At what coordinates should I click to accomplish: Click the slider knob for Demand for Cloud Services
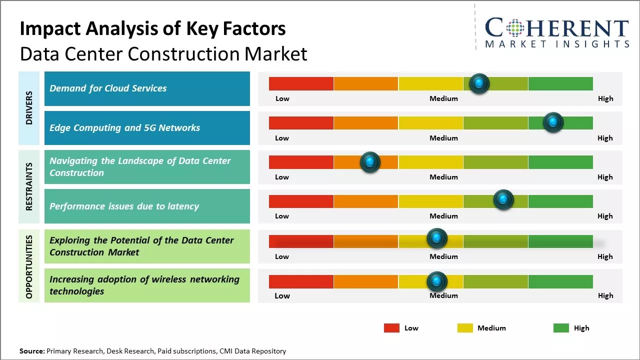(x=479, y=83)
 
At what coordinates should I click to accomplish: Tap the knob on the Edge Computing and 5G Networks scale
(x=553, y=122)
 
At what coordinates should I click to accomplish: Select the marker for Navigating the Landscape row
(x=370, y=162)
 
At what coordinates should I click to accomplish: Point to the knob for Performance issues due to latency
(x=503, y=200)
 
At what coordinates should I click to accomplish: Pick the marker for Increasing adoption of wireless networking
(x=437, y=281)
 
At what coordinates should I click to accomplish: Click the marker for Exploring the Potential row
(x=437, y=238)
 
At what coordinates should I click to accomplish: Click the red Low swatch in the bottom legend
(x=391, y=328)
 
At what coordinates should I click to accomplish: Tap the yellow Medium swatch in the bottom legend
(x=465, y=328)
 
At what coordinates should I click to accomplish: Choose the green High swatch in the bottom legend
(x=561, y=328)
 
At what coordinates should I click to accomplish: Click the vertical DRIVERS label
(x=29, y=108)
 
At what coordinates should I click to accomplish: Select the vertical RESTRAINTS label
(x=29, y=186)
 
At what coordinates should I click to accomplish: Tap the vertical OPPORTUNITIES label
(x=29, y=266)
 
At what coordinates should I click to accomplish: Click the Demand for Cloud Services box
(x=147, y=88)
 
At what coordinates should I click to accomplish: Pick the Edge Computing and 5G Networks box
(x=147, y=128)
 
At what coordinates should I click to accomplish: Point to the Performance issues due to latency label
(x=124, y=206)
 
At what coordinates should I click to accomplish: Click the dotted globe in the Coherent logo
(x=516, y=28)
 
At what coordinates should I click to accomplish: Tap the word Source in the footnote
(x=31, y=351)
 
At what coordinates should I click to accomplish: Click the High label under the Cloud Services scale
(x=605, y=98)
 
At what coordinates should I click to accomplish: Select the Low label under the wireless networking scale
(x=282, y=295)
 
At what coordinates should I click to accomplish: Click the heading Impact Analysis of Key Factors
(x=152, y=29)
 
